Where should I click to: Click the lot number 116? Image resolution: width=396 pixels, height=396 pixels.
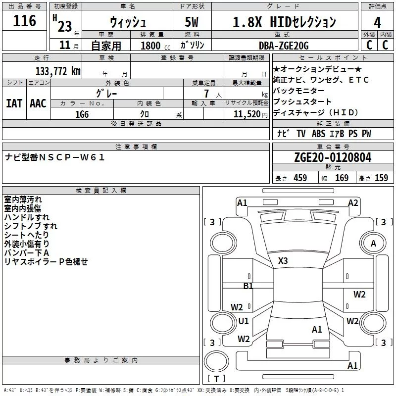tap(25, 21)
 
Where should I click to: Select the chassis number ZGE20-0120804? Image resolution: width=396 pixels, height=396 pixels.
tap(332, 157)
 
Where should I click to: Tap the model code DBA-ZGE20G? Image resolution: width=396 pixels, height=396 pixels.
tap(284, 46)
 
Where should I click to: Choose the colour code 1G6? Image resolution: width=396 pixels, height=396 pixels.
tap(82, 114)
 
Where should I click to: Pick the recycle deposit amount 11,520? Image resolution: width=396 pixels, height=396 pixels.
tap(243, 114)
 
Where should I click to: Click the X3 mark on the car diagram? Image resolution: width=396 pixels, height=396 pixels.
tap(283, 260)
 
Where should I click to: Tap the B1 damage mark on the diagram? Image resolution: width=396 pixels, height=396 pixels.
tap(248, 286)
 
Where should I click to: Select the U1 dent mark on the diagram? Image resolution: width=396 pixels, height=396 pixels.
tap(244, 321)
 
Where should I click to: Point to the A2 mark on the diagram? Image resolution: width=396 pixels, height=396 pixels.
tap(353, 202)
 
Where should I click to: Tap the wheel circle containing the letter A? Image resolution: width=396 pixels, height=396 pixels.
tap(373, 243)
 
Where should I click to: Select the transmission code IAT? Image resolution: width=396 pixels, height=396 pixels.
tap(14, 103)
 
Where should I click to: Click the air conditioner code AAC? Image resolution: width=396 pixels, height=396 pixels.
tap(38, 103)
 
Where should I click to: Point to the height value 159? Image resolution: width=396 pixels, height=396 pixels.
tap(381, 178)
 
